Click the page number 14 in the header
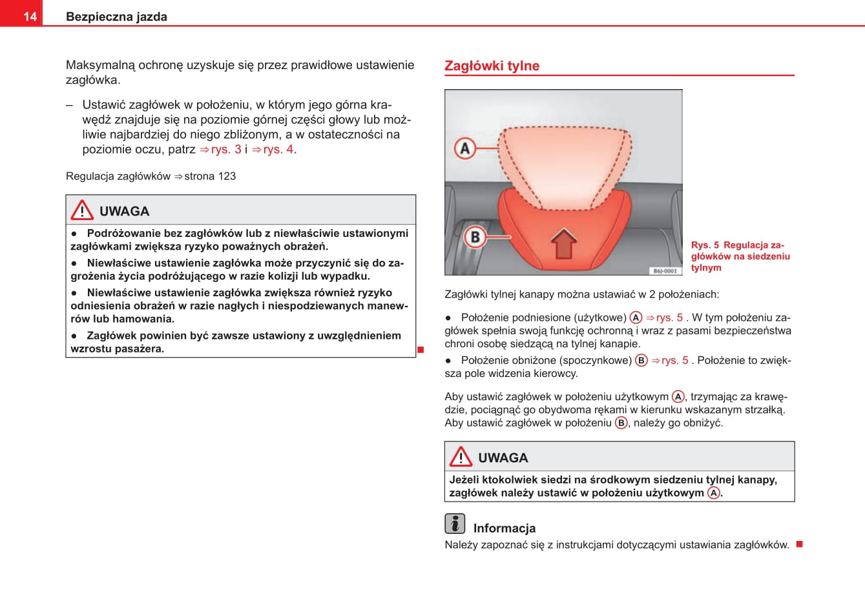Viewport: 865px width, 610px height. pos(30,16)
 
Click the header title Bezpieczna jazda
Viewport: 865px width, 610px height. pos(116,17)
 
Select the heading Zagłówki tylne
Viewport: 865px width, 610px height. pos(492,66)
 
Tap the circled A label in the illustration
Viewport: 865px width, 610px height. pos(465,148)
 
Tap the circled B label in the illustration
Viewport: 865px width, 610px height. pos(475,237)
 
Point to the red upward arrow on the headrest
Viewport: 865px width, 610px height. pos(564,243)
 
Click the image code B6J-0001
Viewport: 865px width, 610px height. pos(664,271)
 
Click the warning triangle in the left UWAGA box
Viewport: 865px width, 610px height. pos(82,210)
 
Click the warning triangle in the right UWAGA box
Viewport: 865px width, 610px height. pos(461,457)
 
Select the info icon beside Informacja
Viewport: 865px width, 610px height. pos(455,524)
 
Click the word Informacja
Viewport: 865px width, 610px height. pos(505,528)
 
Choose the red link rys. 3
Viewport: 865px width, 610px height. pos(221,149)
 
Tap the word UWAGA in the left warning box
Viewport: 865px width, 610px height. pos(124,211)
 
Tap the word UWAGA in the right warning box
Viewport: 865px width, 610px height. pos(503,458)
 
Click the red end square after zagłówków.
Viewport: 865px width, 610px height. pos(799,544)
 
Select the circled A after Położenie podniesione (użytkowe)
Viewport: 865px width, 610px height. pos(636,318)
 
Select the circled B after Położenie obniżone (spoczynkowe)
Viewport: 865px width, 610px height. pos(641,360)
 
